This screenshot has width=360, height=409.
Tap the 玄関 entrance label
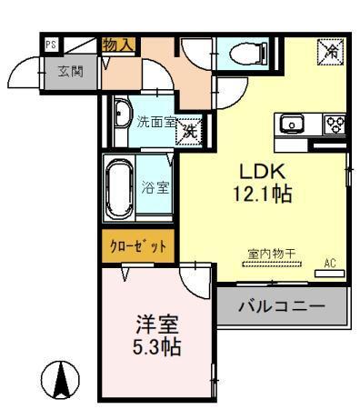[x=71, y=72]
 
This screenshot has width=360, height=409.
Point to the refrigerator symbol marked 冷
[x=329, y=54]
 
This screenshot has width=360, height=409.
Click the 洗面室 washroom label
[x=155, y=121]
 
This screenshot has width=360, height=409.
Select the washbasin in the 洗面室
[x=122, y=115]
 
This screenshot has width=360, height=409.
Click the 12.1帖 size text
[x=264, y=195]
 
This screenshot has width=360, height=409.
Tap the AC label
[x=331, y=264]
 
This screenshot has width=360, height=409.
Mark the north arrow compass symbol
[x=62, y=378]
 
